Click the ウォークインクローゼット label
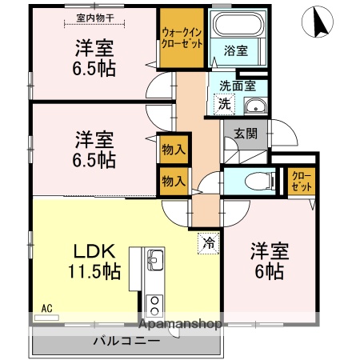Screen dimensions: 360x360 182,36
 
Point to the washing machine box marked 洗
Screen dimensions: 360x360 225,103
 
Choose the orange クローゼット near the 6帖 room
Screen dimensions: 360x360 300,181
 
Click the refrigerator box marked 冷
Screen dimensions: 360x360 207,240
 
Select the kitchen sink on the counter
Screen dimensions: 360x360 154,262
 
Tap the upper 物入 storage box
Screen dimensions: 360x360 173,149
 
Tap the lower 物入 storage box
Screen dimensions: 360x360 173,180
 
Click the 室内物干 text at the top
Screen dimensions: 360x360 94,17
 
